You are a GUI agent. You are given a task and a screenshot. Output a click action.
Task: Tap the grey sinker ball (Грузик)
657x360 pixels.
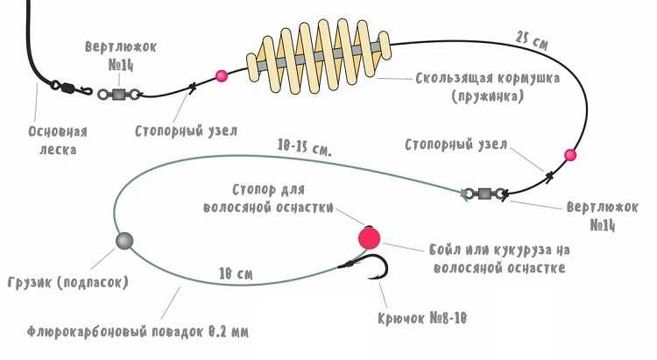pos(124,241)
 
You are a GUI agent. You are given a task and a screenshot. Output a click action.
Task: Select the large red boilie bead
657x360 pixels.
pos(369,236)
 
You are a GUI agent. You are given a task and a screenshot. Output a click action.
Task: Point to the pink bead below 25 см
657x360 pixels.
pos(570,156)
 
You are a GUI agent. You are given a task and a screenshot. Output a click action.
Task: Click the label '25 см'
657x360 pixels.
pos(533,39)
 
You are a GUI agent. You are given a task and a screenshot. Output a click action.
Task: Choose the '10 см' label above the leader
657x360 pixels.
pos(236,274)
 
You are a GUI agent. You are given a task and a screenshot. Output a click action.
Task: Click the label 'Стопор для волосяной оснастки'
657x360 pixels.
pos(270,198)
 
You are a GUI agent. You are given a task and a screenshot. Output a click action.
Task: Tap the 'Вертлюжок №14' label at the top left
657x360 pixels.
pos(121,55)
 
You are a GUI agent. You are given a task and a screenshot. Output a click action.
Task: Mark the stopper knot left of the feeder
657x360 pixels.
pos(191,85)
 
